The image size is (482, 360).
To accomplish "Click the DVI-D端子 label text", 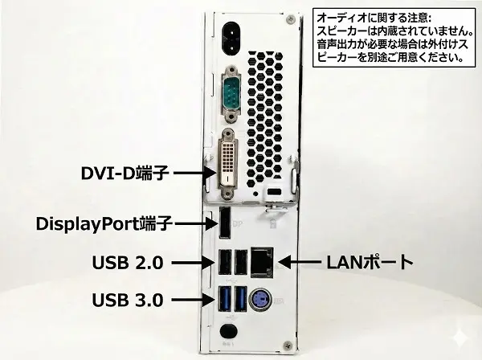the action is click(125, 173).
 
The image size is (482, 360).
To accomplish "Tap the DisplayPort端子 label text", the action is click(104, 224).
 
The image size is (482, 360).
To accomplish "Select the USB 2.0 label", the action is click(128, 263).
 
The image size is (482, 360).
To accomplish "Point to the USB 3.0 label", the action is click(128, 300).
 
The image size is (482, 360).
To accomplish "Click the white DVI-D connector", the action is click(227, 163).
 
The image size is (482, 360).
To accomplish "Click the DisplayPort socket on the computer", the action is click(225, 223).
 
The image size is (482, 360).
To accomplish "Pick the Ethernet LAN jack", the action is click(262, 262).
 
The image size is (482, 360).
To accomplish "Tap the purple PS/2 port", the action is click(261, 300).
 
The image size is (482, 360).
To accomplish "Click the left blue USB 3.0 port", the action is click(224, 299).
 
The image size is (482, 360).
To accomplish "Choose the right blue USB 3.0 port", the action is click(241, 299).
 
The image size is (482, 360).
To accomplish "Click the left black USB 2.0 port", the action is click(224, 262).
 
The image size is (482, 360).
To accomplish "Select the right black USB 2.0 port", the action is click(241, 262).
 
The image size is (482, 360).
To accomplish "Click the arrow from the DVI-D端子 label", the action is click(194, 173).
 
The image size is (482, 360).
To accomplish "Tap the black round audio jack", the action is click(229, 331).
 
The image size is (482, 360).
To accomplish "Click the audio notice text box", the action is click(394, 38).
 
